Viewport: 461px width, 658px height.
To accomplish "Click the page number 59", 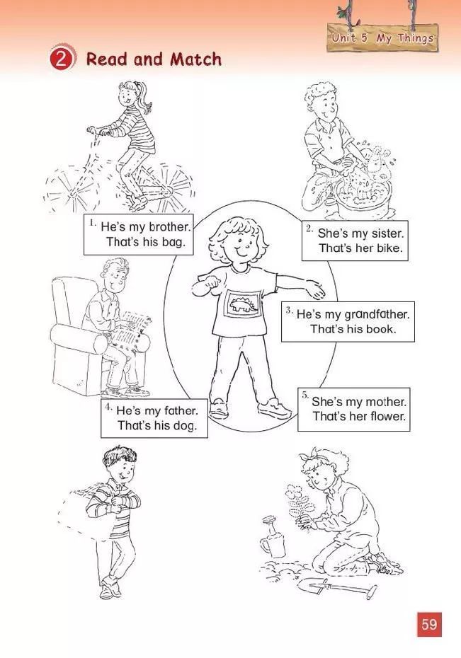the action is click(x=429, y=624).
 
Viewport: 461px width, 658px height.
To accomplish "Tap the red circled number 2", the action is click(x=62, y=59).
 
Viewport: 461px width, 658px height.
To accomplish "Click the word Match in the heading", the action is click(x=195, y=59).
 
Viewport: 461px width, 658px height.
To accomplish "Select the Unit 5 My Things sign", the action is click(x=382, y=37).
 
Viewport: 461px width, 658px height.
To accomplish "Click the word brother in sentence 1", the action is click(x=170, y=227).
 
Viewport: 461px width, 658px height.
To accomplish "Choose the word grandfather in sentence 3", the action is click(x=376, y=314).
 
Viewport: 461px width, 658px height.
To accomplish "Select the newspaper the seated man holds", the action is click(x=132, y=330).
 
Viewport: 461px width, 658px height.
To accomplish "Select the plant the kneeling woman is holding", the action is click(x=299, y=503).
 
